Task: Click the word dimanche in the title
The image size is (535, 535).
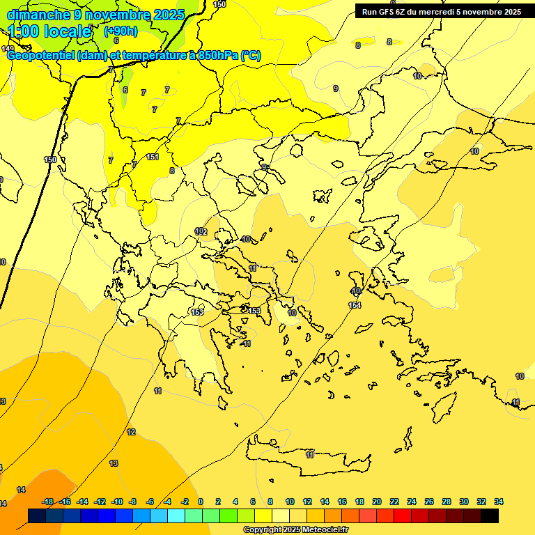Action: tap(36, 15)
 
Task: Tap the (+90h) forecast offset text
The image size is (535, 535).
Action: tap(120, 31)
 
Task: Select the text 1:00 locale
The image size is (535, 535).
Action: tap(50, 31)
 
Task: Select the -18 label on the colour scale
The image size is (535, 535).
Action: tap(48, 502)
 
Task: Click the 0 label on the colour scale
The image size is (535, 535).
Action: tap(201, 502)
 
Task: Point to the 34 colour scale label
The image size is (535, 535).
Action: tap(498, 502)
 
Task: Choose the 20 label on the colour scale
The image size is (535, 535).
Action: tap(376, 502)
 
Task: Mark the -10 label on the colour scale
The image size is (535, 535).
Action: tap(117, 502)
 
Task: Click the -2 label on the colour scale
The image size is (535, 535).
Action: tap(185, 502)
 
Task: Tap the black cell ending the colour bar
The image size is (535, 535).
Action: tap(490, 516)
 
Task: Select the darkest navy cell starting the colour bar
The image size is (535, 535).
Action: tap(38, 516)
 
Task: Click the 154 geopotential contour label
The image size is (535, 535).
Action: tap(355, 305)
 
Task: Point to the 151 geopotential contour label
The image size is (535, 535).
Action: tap(153, 157)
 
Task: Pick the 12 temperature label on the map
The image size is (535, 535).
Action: tap(131, 433)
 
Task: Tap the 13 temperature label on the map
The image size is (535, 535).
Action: tap(114, 463)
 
